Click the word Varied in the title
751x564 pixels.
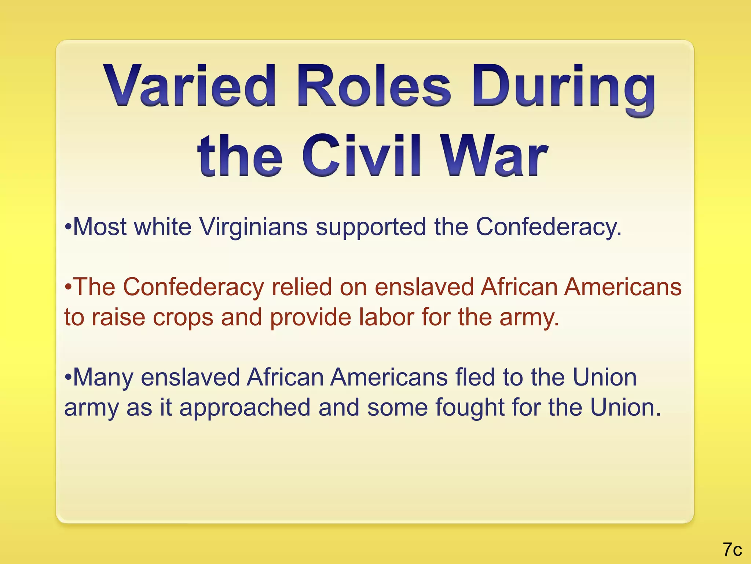pyautogui.click(x=189, y=86)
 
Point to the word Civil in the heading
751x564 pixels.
pyautogui.click(x=361, y=156)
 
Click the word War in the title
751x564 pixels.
pyautogui.click(x=495, y=156)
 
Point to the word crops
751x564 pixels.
pyautogui.click(x=183, y=318)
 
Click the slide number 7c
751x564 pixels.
pyautogui.click(x=732, y=550)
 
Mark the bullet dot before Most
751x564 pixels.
pyautogui.click(x=68, y=227)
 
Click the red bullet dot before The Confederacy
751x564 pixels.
pyautogui.click(x=68, y=287)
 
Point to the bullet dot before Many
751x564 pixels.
pyautogui.click(x=68, y=377)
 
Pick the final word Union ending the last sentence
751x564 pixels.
pyautogui.click(x=625, y=408)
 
